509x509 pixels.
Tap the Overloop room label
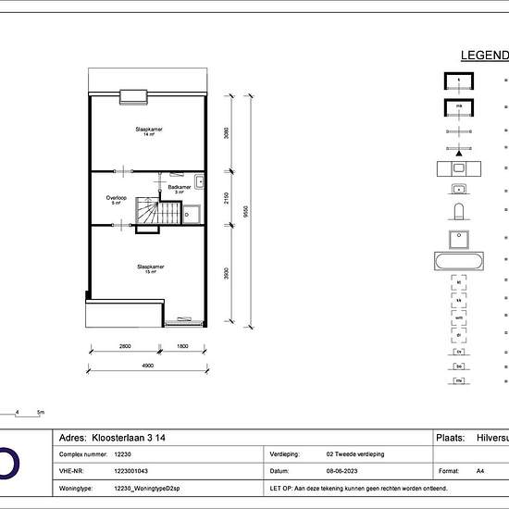(116, 199)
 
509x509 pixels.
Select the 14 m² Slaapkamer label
(148, 132)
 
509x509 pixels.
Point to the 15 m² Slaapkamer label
(150, 269)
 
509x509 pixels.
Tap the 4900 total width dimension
(147, 366)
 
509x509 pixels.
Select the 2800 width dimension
(125, 347)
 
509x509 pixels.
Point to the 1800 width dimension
(183, 347)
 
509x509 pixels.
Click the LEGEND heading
(484, 56)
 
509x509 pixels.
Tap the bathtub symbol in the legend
(460, 261)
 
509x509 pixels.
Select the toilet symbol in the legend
(460, 214)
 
